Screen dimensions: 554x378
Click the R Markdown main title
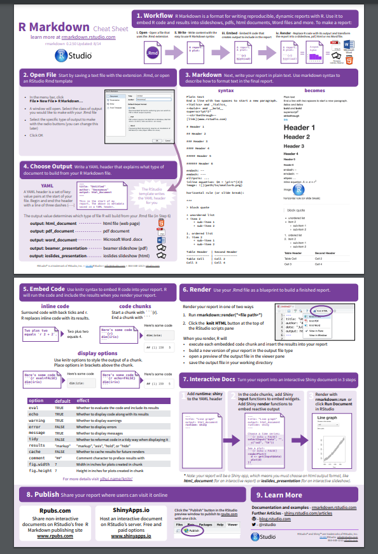[55, 27]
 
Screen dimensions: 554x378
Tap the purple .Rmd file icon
[153, 54]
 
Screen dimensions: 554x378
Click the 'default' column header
[62, 401]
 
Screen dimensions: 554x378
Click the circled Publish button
[193, 530]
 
